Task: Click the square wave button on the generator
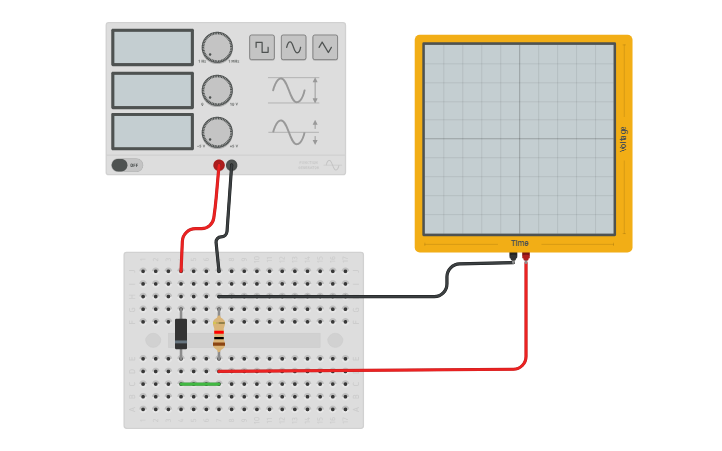pyautogui.click(x=262, y=47)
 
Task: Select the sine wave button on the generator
pyautogui.click(x=293, y=47)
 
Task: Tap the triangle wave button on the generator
pyautogui.click(x=325, y=47)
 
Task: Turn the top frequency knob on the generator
pyautogui.click(x=217, y=47)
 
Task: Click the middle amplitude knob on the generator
pyautogui.click(x=217, y=90)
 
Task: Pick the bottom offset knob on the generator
pyautogui.click(x=217, y=132)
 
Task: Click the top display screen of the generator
pyautogui.click(x=152, y=47)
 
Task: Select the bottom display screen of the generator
pyautogui.click(x=152, y=132)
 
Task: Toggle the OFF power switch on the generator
pyautogui.click(x=125, y=165)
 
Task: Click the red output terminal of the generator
pyautogui.click(x=219, y=165)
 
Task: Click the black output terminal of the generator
pyautogui.click(x=232, y=165)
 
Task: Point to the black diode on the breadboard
pyautogui.click(x=181, y=334)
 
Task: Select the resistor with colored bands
pyautogui.click(x=219, y=334)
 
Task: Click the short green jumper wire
pyautogui.click(x=200, y=383)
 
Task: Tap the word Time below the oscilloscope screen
pyautogui.click(x=520, y=243)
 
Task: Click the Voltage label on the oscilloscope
pyautogui.click(x=624, y=139)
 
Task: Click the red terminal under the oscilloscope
pyautogui.click(x=526, y=256)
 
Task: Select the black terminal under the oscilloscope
pyautogui.click(x=513, y=256)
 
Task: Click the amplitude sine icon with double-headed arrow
pyautogui.click(x=293, y=90)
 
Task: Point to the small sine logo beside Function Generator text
pyautogui.click(x=332, y=164)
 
